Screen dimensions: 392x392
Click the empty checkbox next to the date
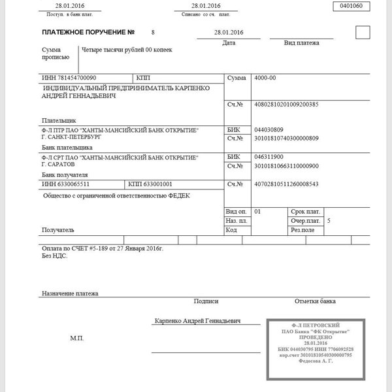tap(362, 32)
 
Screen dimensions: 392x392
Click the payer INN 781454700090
tap(68, 77)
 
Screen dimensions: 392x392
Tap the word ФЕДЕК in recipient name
tap(175, 195)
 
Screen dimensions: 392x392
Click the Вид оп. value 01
tap(257, 212)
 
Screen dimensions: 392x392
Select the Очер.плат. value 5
tap(329, 221)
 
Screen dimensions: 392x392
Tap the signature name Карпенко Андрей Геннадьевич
tap(198, 321)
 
